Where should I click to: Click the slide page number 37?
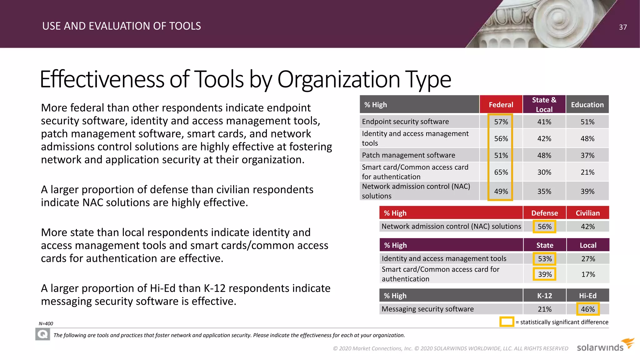pyautogui.click(x=623, y=27)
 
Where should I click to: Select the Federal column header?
pyautogui.click(x=501, y=105)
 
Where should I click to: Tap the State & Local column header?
pyautogui.click(x=544, y=104)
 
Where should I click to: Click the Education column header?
pyautogui.click(x=587, y=105)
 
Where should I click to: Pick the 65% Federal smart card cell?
pyautogui.click(x=501, y=172)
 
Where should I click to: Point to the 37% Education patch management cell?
pyautogui.click(x=587, y=155)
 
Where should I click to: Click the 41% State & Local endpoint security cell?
pyautogui.click(x=544, y=122)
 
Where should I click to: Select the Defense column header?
pyautogui.click(x=544, y=213)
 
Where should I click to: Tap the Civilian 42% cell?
pyautogui.click(x=587, y=227)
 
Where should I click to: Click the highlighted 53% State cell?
pyautogui.click(x=545, y=259)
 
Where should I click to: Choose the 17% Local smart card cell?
pyautogui.click(x=588, y=274)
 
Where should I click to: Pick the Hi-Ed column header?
pyautogui.click(x=587, y=296)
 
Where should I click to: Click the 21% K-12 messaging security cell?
pyautogui.click(x=544, y=309)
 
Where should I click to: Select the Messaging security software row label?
pyautogui.click(x=427, y=309)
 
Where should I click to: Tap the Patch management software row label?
pyautogui.click(x=408, y=155)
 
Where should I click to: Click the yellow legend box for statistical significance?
pyautogui.click(x=507, y=322)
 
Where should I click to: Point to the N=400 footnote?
pyautogui.click(x=46, y=324)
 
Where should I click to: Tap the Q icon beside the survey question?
pyautogui.click(x=42, y=335)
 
